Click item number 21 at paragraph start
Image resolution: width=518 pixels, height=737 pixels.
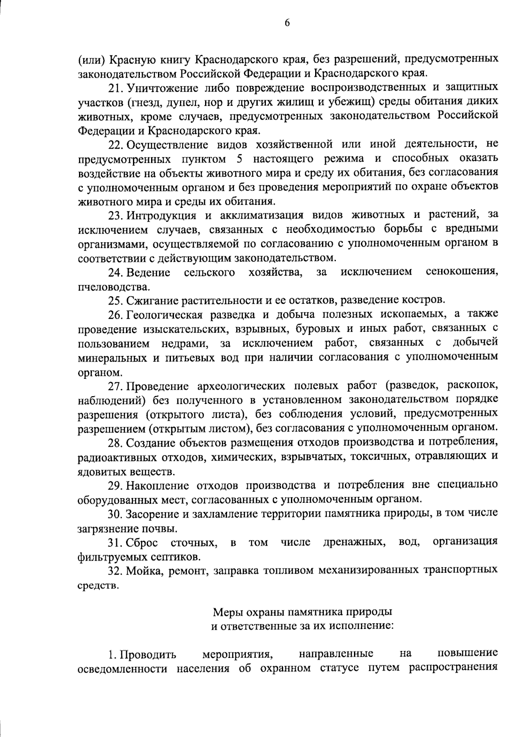pyautogui.click(x=116, y=88)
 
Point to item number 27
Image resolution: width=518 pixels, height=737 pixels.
pyautogui.click(x=116, y=386)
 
